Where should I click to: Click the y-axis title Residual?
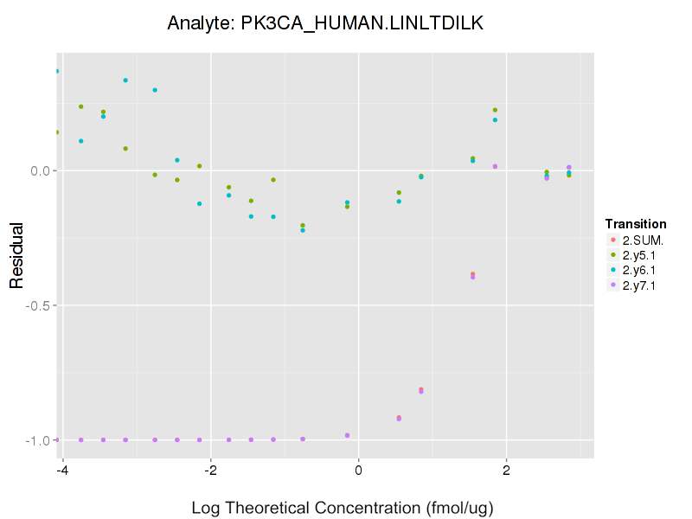click(16, 256)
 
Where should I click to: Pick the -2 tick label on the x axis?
click(209, 470)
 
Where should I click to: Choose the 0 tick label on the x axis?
click(358, 470)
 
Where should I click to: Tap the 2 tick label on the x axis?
click(506, 470)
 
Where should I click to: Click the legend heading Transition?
click(636, 224)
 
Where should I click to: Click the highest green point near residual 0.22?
click(495, 110)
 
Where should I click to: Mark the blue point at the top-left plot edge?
click(57, 71)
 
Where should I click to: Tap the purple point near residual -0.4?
click(472, 277)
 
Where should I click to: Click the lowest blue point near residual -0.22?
click(303, 230)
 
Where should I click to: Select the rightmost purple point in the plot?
click(568, 167)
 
